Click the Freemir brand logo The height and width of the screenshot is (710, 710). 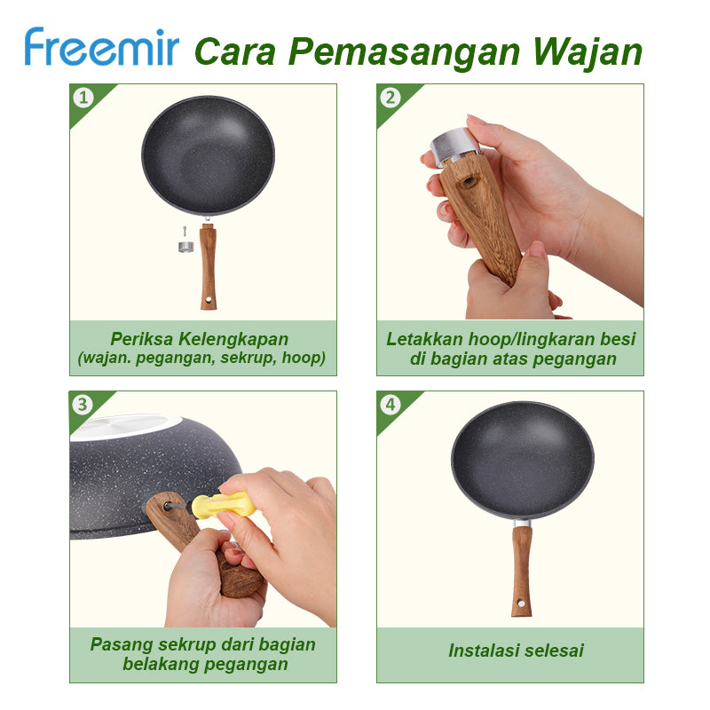(102, 47)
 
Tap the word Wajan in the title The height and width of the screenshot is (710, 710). (588, 53)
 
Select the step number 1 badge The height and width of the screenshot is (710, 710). (83, 98)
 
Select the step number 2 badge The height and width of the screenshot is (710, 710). (390, 98)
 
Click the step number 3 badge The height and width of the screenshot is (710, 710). (83, 405)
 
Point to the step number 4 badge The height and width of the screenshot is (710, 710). (390, 405)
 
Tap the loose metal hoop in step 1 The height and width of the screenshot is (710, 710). (185, 247)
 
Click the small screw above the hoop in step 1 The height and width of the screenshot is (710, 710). (185, 232)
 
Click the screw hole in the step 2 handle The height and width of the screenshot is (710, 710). (467, 181)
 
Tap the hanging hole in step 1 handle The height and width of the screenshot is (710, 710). (209, 300)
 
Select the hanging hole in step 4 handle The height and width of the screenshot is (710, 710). (521, 603)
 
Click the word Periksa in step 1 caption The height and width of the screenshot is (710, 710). (141, 339)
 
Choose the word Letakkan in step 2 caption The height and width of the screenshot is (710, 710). (424, 339)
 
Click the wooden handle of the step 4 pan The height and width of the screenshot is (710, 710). (521, 572)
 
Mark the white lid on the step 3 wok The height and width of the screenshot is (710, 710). (126, 427)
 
